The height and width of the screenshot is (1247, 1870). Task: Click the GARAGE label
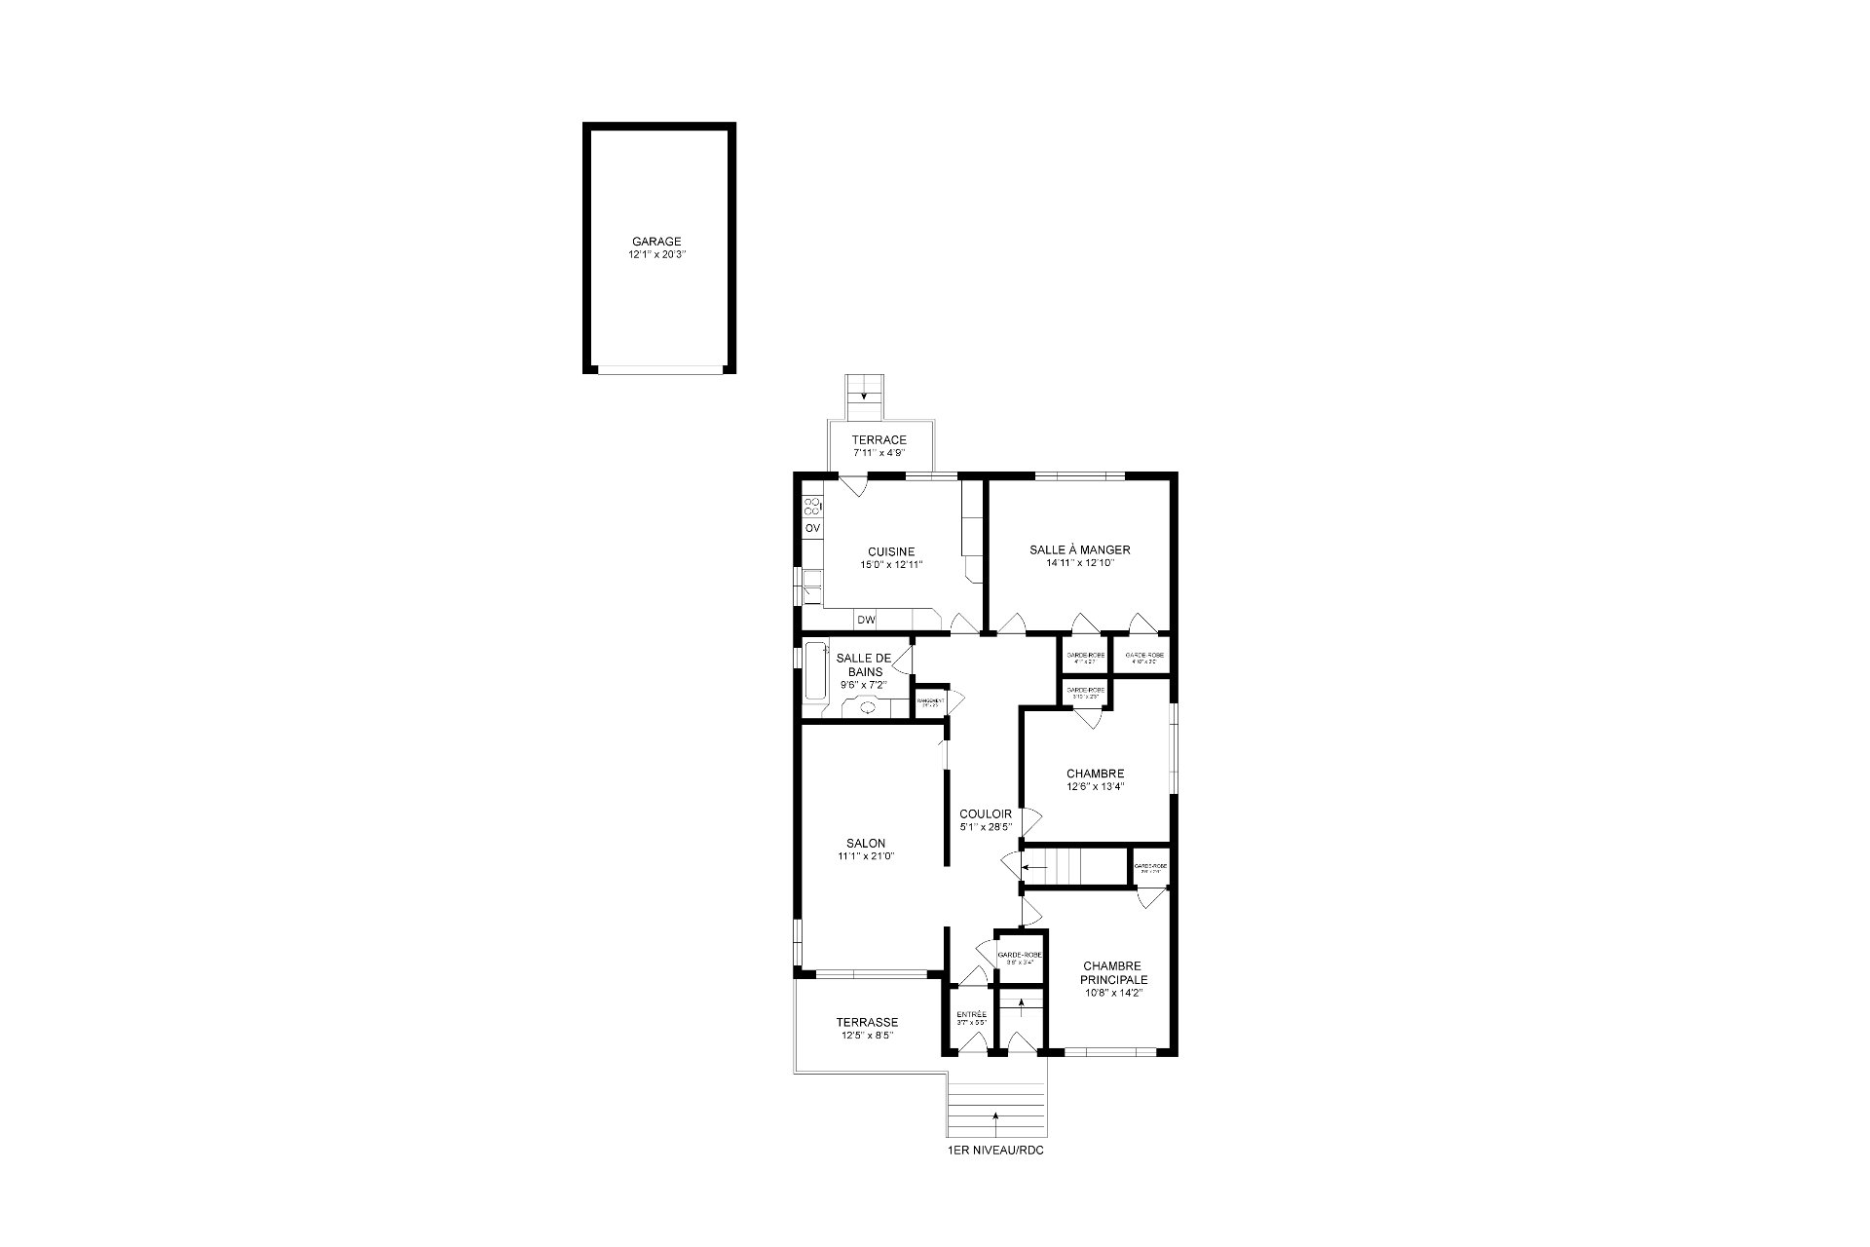(x=656, y=242)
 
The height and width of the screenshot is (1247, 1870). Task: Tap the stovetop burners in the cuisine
(x=811, y=506)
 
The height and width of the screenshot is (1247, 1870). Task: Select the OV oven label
(x=812, y=528)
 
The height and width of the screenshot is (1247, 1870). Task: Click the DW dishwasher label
(x=866, y=620)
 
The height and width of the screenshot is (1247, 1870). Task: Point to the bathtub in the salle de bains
(x=814, y=669)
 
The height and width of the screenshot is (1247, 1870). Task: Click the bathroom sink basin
(x=868, y=708)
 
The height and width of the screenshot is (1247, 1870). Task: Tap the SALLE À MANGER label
(x=1079, y=549)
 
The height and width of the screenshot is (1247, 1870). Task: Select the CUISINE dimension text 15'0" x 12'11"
(x=891, y=564)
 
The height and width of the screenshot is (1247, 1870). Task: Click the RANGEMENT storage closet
(x=930, y=701)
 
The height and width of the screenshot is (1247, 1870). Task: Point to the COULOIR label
(x=986, y=814)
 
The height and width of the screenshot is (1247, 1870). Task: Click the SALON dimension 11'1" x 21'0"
(x=866, y=856)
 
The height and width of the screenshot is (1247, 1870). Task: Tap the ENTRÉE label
(x=971, y=1014)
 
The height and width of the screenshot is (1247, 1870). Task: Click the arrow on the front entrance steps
(x=995, y=1115)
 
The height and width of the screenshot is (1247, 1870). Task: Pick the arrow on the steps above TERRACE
(x=864, y=397)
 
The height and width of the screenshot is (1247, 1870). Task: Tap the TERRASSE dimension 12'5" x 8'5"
(x=867, y=1036)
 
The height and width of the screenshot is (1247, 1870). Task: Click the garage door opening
(x=659, y=368)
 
